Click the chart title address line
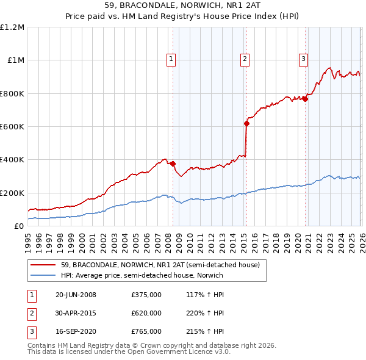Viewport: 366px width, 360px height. [183, 6]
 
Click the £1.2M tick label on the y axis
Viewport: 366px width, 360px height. [12, 27]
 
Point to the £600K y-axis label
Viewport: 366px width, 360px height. [12, 127]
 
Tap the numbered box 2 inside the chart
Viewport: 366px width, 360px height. [244, 59]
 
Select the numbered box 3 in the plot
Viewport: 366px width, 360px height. [303, 59]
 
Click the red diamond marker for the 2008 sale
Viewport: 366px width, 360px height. [173, 164]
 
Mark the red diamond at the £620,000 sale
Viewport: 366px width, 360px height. [246, 123]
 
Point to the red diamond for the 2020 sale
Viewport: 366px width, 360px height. [305, 99]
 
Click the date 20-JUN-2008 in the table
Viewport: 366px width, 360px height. [76, 295]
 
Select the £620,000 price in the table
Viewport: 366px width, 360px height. [146, 313]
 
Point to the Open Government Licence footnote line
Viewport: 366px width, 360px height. [129, 352]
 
